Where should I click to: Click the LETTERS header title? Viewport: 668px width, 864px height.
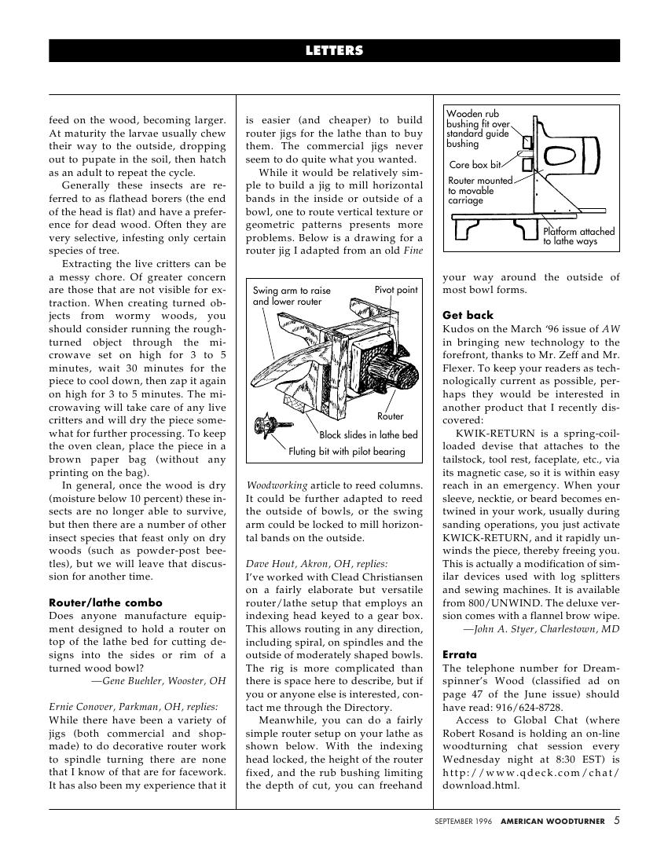pyautogui.click(x=334, y=51)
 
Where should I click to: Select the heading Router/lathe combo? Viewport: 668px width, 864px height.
pyautogui.click(x=94, y=602)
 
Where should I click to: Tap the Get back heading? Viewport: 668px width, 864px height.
pyautogui.click(x=468, y=316)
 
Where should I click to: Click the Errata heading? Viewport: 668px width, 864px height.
pyautogui.click(x=460, y=654)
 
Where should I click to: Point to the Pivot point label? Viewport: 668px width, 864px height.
pyautogui.click(x=396, y=290)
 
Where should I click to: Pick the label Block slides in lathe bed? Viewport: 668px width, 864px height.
pyautogui.click(x=369, y=434)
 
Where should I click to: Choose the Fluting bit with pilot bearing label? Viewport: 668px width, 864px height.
pyautogui.click(x=347, y=452)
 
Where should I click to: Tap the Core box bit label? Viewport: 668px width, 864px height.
pyautogui.click(x=475, y=165)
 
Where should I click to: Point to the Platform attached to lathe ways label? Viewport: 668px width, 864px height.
pyautogui.click(x=578, y=236)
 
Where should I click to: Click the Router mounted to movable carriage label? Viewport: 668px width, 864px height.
pyautogui.click(x=479, y=191)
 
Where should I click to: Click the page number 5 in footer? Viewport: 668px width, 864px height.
pyautogui.click(x=617, y=821)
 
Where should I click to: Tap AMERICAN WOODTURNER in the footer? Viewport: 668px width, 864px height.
pyautogui.click(x=553, y=822)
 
